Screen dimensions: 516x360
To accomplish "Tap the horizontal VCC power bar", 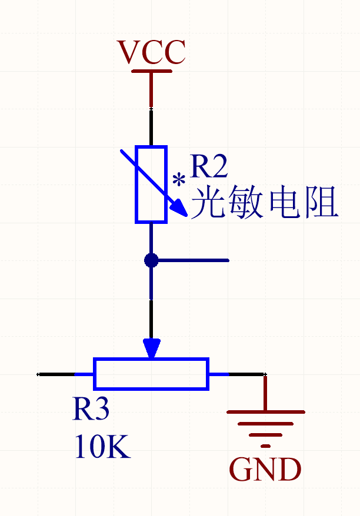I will click(x=152, y=71).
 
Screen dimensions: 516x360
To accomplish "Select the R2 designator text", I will click(x=209, y=167).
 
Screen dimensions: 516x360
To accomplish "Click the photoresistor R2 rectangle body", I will click(x=151, y=185).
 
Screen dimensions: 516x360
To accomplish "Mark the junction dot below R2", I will click(x=151, y=260).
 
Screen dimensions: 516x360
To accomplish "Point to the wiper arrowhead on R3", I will click(x=152, y=348).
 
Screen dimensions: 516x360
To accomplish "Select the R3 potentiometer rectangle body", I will click(x=151, y=374).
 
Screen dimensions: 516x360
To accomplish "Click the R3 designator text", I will click(x=91, y=409).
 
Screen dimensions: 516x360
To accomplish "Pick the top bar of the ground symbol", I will click(x=266, y=412).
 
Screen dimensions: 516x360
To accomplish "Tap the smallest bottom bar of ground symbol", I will click(x=266, y=445).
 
